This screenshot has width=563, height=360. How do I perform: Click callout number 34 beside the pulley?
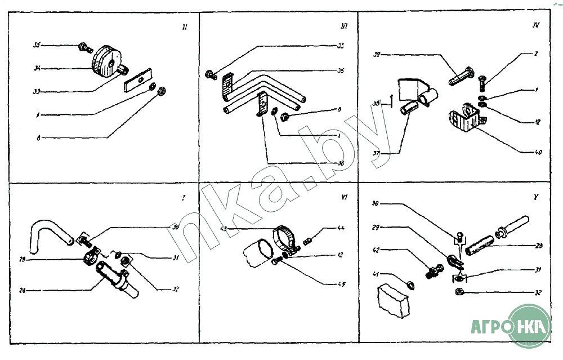pos(37,69)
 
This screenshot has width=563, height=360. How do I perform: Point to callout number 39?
pos(378,54)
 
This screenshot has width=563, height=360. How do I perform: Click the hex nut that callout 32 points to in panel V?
pos(459,292)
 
